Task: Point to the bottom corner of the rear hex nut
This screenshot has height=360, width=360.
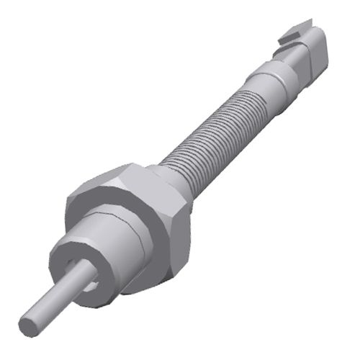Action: click(x=173, y=274)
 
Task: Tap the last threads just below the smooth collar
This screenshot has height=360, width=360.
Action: click(x=248, y=90)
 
